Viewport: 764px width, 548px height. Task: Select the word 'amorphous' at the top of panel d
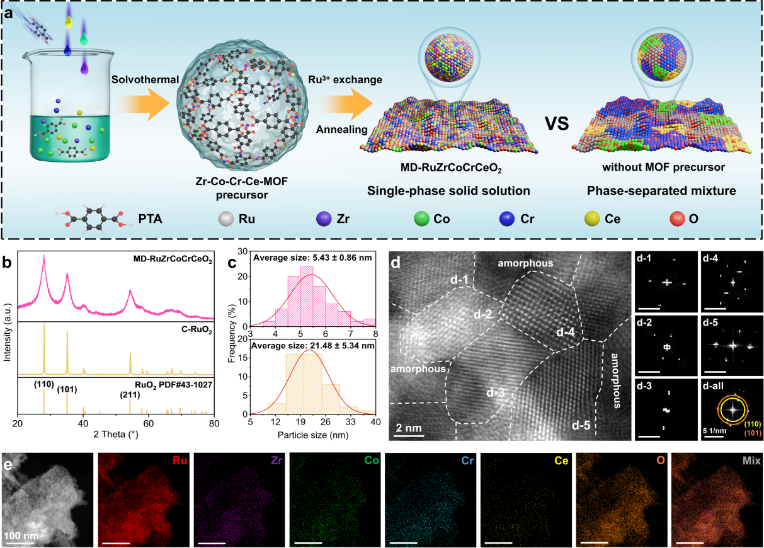pos(535,263)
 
